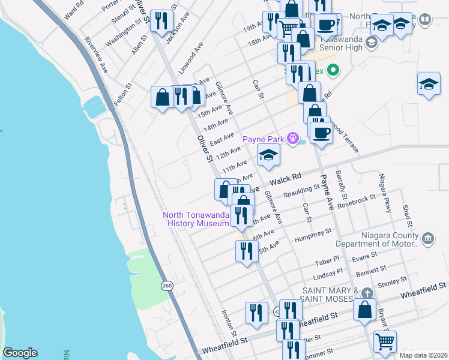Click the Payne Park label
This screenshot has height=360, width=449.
(x=263, y=140)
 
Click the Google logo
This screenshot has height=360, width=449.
(x=20, y=353)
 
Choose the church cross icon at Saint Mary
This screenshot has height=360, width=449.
(x=366, y=293)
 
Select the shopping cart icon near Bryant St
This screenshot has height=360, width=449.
(x=385, y=341)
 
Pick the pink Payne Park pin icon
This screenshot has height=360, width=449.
(x=292, y=139)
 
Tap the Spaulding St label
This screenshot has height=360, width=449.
(x=302, y=191)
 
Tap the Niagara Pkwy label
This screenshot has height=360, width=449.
(x=385, y=192)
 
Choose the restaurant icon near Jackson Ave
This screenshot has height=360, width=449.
(x=160, y=22)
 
